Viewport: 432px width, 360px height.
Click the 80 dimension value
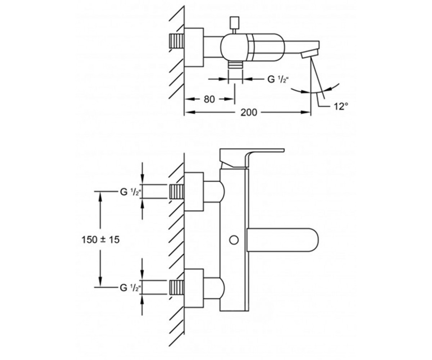tap(209, 99)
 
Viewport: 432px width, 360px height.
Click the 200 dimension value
tap(249, 113)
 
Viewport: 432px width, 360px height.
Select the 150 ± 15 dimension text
tap(101, 240)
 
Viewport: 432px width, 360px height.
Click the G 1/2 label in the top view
tap(277, 79)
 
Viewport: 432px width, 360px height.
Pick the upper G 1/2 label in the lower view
tap(130, 192)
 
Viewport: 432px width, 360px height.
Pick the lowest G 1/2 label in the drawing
tap(130, 288)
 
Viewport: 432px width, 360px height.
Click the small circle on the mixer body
tap(234, 240)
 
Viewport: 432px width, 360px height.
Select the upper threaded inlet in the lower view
tap(177, 192)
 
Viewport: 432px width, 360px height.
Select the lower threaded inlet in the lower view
tap(177, 287)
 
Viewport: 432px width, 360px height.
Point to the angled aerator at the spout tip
tap(309, 55)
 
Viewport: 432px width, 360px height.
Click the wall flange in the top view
tap(194, 48)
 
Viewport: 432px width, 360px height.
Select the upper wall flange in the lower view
tap(194, 192)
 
